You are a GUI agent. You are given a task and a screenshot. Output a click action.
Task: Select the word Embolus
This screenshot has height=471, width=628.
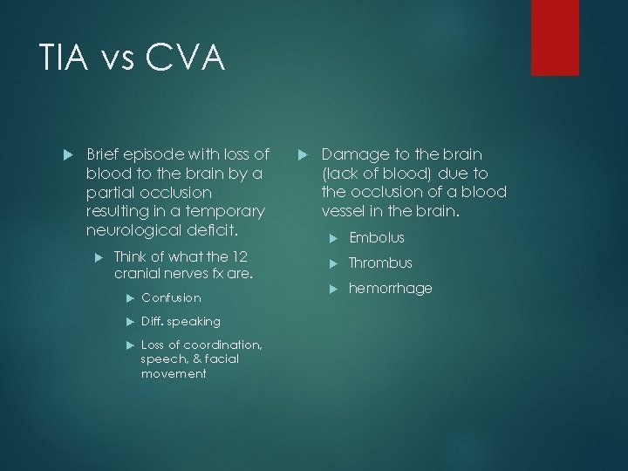tap(377, 238)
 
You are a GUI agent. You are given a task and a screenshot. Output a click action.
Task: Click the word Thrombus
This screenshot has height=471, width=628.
tap(381, 263)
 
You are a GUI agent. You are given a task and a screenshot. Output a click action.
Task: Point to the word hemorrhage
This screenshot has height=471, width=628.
tap(391, 288)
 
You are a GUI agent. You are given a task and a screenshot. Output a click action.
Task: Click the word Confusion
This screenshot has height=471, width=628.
tap(171, 297)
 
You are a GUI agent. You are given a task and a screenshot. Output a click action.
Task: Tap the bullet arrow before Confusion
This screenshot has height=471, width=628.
tap(130, 297)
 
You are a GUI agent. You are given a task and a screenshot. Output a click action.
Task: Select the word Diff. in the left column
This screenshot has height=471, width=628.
tap(153, 321)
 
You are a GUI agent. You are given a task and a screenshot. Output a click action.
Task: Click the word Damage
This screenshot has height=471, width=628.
tap(352, 154)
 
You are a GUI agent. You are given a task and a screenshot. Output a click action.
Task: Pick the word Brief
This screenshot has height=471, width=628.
tap(106, 154)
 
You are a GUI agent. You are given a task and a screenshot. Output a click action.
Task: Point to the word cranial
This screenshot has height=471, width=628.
tap(138, 273)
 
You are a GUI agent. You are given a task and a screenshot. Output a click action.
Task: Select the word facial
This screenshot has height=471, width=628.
tap(222, 358)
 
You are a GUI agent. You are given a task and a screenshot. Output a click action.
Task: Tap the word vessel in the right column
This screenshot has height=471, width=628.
tap(344, 211)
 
